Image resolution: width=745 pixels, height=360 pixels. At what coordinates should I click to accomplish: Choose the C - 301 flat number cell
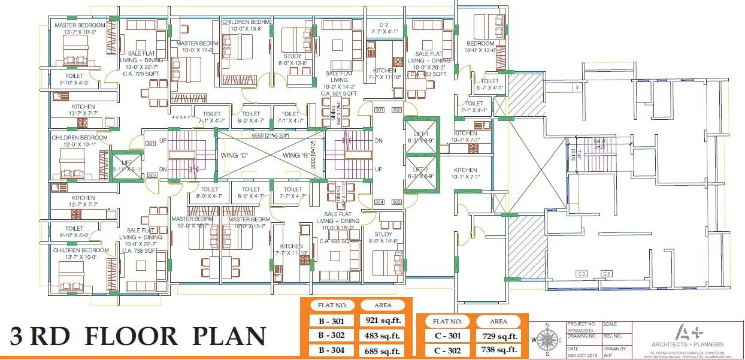pyautogui.click(x=447, y=336)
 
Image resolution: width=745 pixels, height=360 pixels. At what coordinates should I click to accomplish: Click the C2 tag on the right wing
pyautogui.click(x=607, y=274)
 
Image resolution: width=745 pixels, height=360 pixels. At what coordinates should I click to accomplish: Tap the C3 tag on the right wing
pyautogui.click(x=581, y=274)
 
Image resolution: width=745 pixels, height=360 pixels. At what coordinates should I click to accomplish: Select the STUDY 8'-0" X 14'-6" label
pyautogui.click(x=383, y=238)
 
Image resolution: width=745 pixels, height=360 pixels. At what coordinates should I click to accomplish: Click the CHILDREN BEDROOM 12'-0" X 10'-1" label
pyautogui.click(x=80, y=141)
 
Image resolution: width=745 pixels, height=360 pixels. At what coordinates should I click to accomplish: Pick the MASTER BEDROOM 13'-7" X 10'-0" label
pyautogui.click(x=80, y=28)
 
